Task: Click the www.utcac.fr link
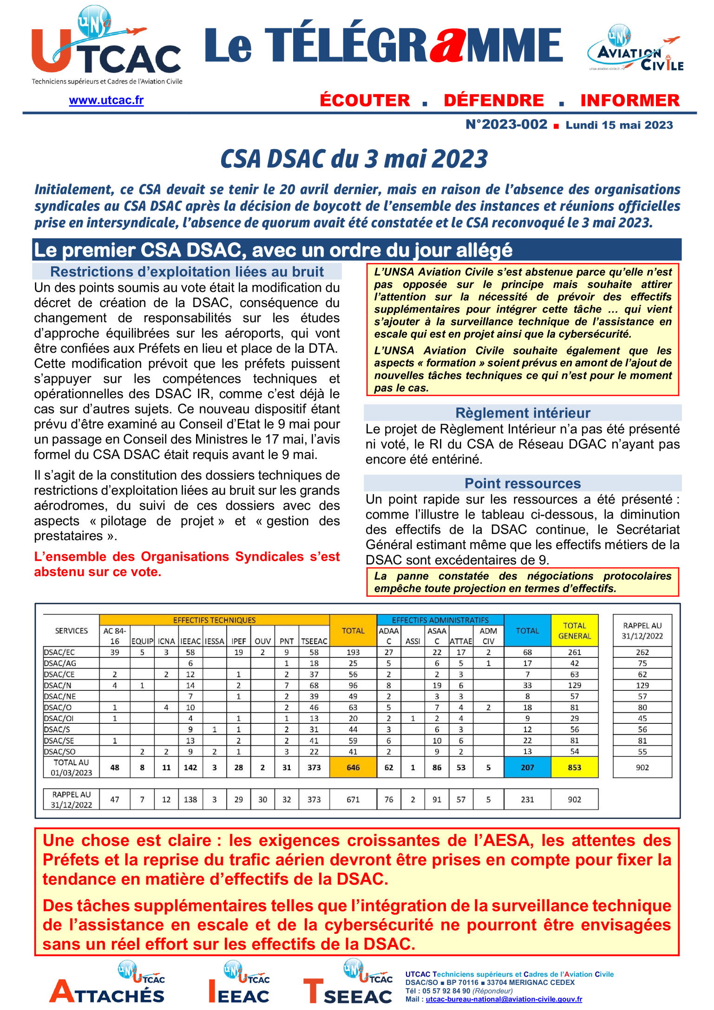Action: coord(106,100)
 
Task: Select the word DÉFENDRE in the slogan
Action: coord(493,100)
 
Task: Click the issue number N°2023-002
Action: coord(506,125)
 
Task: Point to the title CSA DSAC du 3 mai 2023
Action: coord(354,159)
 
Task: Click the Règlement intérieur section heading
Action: coord(523,413)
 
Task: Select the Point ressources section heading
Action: coord(523,483)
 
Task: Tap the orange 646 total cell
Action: coord(353,767)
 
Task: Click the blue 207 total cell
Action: coord(527,767)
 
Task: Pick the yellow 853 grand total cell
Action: coord(575,767)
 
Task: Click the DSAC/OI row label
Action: coord(59,718)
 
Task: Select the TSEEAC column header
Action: coord(314,641)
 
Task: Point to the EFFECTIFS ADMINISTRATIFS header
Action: coord(440,620)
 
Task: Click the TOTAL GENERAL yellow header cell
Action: coord(575,631)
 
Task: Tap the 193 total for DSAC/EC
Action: coord(353,652)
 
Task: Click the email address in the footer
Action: coord(504,999)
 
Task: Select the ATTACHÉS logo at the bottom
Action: coord(108,984)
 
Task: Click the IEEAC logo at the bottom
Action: coord(239,984)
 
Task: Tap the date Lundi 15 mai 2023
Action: coord(619,125)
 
